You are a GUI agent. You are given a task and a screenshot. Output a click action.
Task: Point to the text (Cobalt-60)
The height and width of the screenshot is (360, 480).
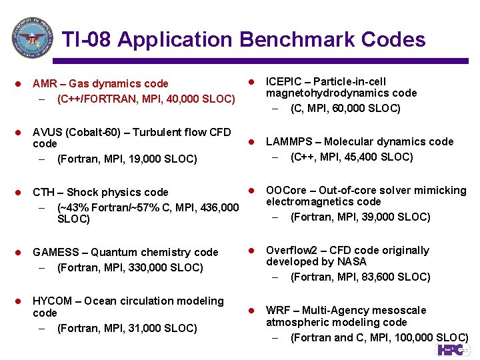click(95, 132)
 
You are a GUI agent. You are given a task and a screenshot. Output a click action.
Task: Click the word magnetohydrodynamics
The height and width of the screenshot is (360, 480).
click(323, 93)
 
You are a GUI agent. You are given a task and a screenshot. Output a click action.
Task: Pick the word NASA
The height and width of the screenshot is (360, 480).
click(351, 262)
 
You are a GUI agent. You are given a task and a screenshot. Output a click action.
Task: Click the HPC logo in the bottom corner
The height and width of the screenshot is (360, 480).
click(453, 350)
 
